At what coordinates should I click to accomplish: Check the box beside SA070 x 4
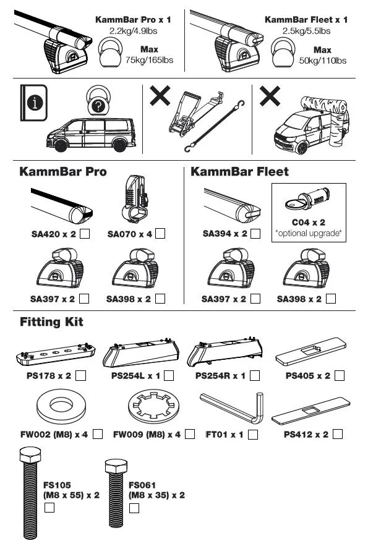pos(160,234)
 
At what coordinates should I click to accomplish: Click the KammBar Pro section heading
pos(63,171)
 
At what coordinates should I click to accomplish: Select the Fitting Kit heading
pos(51,322)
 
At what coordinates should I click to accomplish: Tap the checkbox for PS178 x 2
pos(80,376)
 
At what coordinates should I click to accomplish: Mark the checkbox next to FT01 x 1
pos(252,435)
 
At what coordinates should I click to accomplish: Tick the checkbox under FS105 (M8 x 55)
pos(49,508)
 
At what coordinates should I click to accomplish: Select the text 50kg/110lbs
pos(322,60)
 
